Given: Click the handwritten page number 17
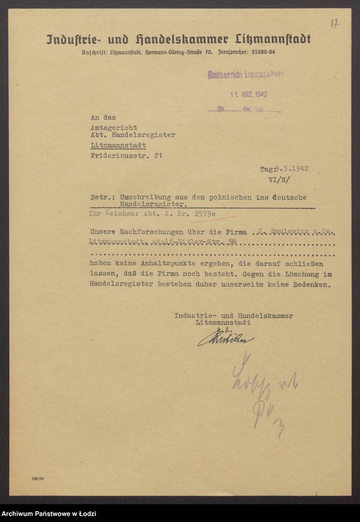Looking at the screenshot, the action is pyautogui.click(x=335, y=23).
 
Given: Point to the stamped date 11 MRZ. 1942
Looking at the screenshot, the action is pyautogui.click(x=246, y=94).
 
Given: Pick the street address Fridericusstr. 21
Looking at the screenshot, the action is pyautogui.click(x=126, y=155).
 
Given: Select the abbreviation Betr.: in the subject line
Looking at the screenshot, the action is pyautogui.click(x=101, y=197).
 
